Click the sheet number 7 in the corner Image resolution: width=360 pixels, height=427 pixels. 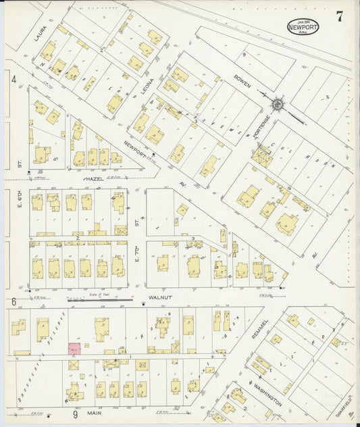pyautogui.click(x=339, y=18)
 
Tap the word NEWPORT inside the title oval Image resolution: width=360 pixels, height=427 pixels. pyautogui.click(x=303, y=28)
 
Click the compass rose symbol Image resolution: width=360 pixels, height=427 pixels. pyautogui.click(x=277, y=105)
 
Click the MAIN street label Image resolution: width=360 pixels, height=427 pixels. pyautogui.click(x=94, y=411)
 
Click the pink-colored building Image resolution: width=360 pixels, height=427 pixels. pyautogui.click(x=74, y=349)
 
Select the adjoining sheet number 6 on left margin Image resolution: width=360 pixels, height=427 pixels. pyautogui.click(x=13, y=301)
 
